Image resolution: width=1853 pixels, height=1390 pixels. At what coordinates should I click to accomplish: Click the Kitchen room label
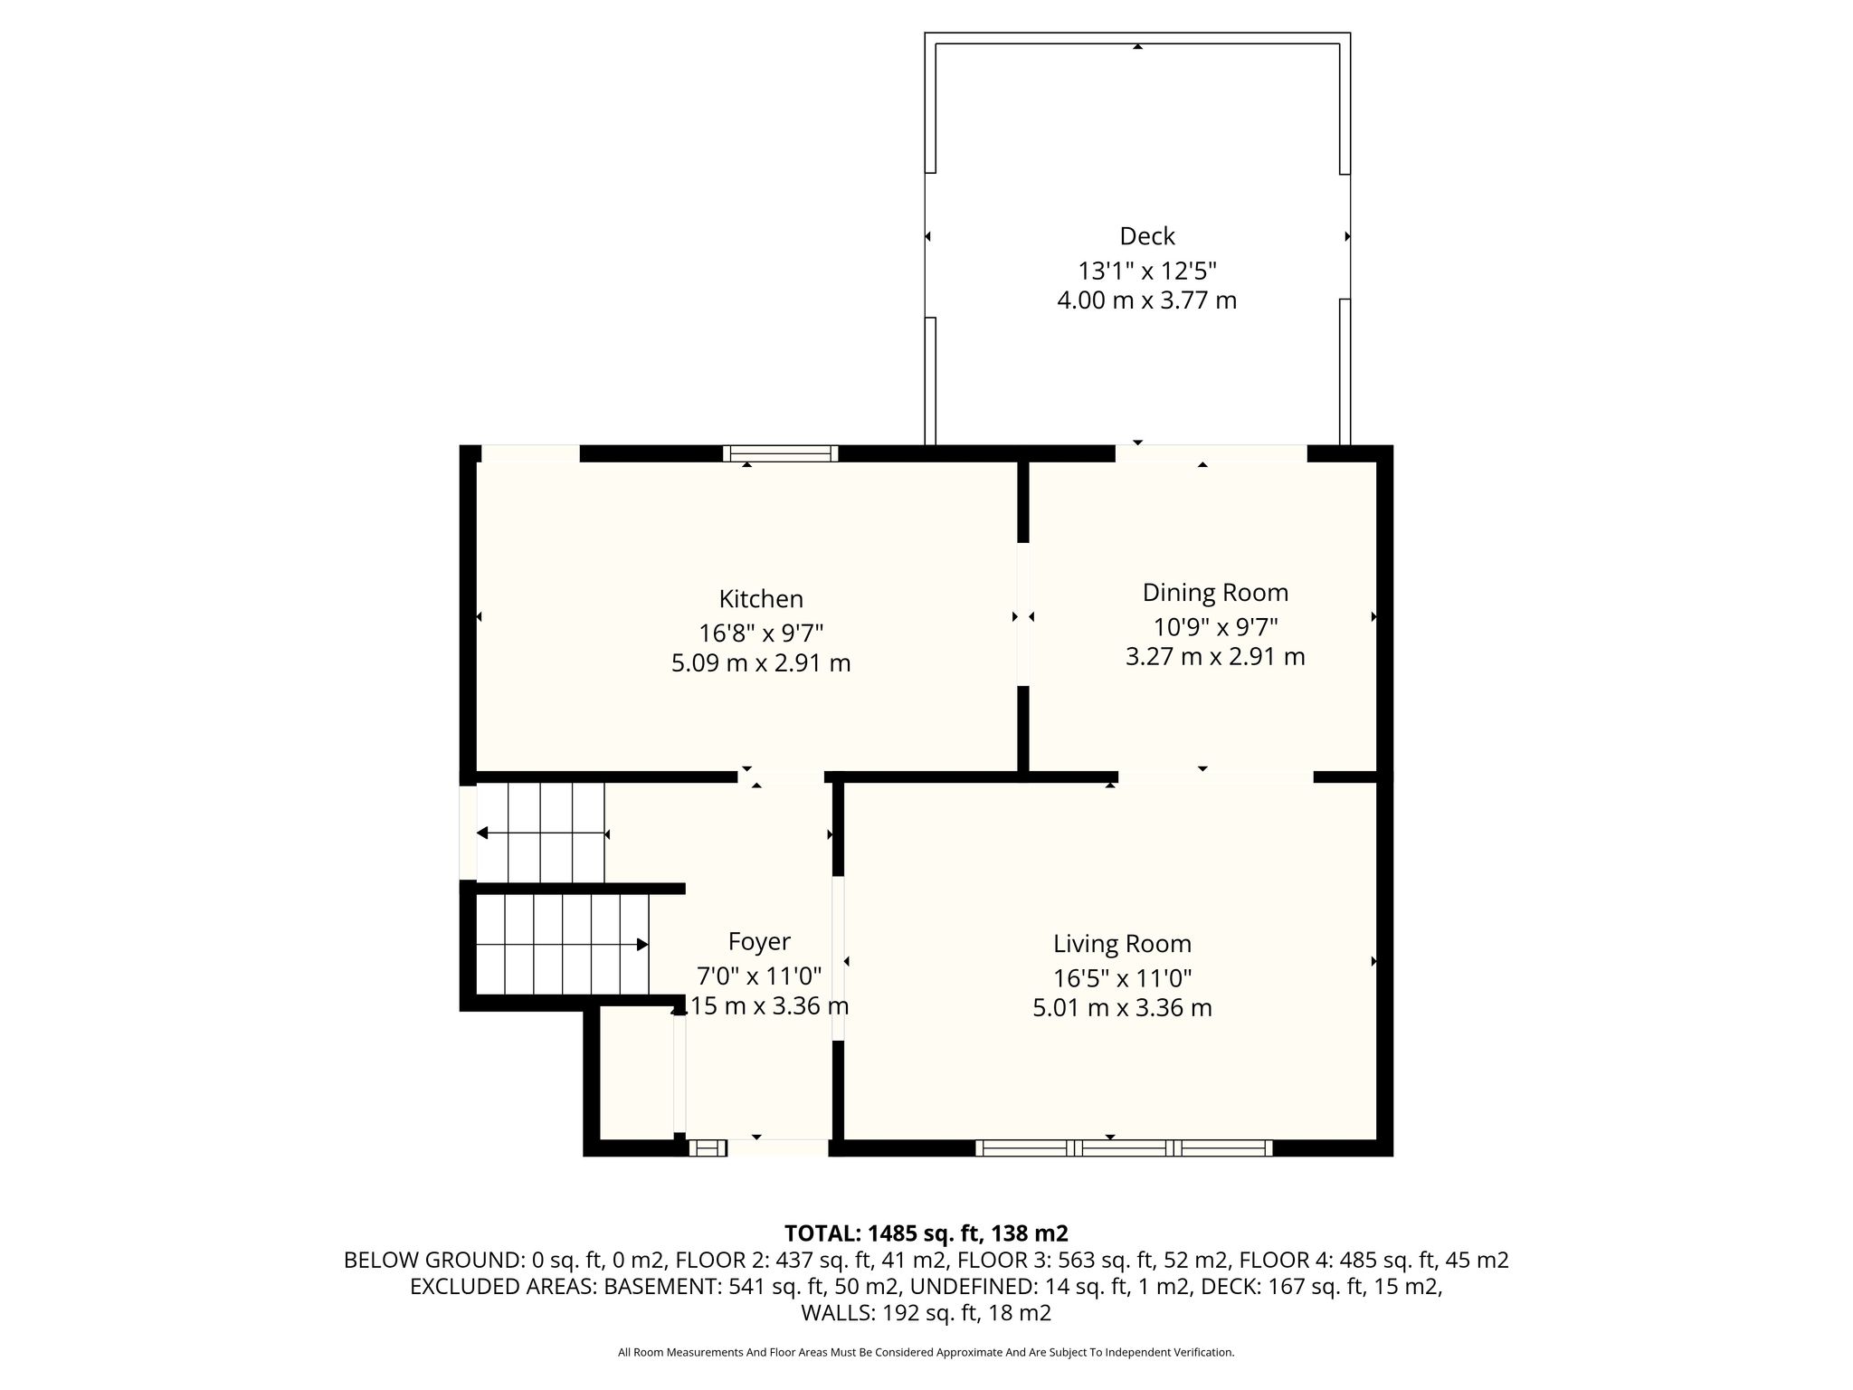(x=761, y=599)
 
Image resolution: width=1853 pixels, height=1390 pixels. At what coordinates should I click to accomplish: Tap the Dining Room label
(x=1215, y=593)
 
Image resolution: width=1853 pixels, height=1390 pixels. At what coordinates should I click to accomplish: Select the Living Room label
(x=1122, y=944)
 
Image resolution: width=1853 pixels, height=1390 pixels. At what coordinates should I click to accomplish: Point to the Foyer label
(x=759, y=943)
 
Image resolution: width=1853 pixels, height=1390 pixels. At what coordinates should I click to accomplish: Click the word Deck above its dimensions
(x=1147, y=236)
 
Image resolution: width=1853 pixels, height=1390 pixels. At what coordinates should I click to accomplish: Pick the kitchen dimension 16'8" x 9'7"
(x=761, y=633)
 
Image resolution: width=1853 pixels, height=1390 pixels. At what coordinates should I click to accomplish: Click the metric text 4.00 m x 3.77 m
(x=1147, y=300)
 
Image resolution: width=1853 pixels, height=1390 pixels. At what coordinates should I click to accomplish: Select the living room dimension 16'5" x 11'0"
(x=1122, y=978)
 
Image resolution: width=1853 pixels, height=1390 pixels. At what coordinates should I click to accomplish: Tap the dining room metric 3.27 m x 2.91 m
(x=1215, y=656)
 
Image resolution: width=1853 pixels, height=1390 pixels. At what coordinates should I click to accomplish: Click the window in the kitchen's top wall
(x=781, y=453)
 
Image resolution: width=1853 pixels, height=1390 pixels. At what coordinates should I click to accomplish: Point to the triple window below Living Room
(x=1124, y=1148)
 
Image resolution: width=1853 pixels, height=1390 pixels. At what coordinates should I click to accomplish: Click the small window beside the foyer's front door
(x=708, y=1148)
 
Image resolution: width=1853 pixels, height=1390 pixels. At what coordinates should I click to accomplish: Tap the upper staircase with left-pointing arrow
(x=541, y=833)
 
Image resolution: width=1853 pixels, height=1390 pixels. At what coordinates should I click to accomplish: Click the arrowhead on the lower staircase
(x=642, y=945)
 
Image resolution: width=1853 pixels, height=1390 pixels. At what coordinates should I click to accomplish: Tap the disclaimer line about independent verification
(x=926, y=1352)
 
